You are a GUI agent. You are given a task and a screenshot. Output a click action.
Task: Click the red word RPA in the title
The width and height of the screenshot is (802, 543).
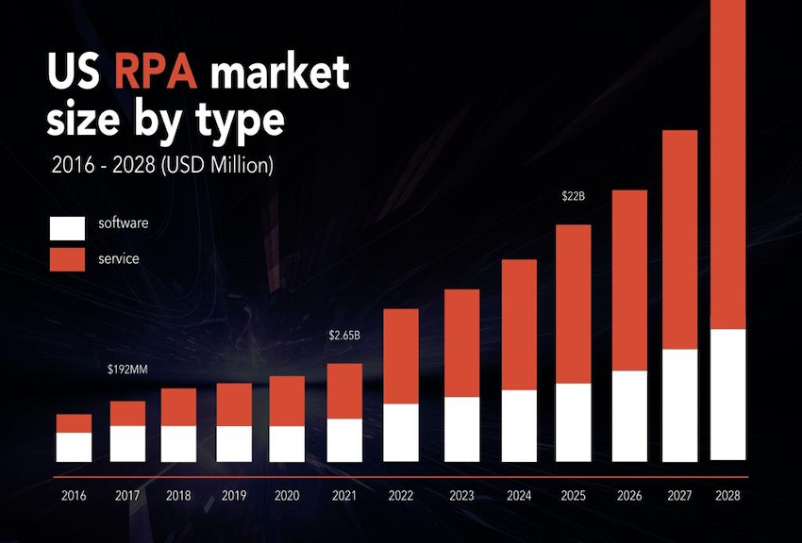[x=158, y=73]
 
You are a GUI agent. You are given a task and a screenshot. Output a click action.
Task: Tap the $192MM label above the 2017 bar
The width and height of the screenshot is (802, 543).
[x=127, y=369]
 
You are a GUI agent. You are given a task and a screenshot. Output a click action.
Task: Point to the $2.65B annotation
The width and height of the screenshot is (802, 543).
[x=344, y=335]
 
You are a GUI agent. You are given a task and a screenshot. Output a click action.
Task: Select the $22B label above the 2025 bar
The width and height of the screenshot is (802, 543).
[x=572, y=197]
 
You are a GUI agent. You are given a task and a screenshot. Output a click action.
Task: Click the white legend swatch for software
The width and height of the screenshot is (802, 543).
[x=68, y=226]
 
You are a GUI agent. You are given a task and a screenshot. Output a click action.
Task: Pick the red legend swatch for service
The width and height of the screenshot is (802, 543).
[x=68, y=257]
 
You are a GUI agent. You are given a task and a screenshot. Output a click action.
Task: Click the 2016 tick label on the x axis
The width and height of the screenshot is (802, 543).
[x=74, y=495]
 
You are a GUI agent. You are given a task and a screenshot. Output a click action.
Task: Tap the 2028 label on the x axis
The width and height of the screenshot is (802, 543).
[x=727, y=495]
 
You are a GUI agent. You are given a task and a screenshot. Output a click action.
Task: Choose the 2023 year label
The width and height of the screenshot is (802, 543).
[x=461, y=495]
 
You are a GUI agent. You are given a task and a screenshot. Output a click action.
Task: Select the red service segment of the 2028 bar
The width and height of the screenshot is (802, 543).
[x=727, y=165]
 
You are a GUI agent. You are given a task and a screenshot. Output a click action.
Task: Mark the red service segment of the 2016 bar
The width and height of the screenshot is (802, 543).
[x=74, y=423]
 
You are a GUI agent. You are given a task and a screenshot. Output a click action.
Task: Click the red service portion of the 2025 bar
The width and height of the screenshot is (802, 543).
[x=573, y=304]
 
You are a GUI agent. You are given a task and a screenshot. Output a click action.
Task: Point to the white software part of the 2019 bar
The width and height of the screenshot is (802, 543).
[x=234, y=443]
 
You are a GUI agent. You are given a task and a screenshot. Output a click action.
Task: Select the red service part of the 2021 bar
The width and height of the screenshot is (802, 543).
[x=344, y=391]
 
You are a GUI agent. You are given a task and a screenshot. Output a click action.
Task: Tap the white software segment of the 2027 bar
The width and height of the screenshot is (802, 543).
[x=679, y=405]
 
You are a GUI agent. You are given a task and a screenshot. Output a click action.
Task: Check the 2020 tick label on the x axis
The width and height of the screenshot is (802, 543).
[x=287, y=495]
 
